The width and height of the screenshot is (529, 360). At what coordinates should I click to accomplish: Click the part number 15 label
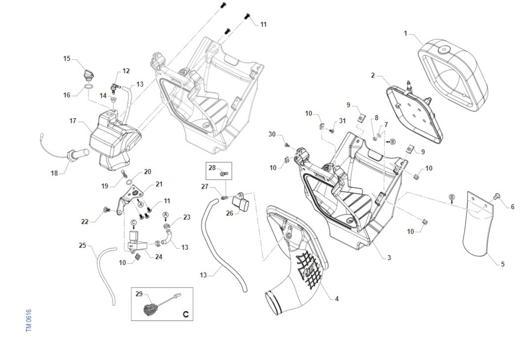(67, 58)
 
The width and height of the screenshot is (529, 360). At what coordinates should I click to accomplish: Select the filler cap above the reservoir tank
(89, 75)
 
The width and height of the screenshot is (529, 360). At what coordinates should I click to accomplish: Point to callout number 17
(73, 121)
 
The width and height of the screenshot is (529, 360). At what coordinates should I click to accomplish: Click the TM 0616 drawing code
(29, 321)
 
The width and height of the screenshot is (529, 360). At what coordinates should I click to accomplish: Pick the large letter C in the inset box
(186, 314)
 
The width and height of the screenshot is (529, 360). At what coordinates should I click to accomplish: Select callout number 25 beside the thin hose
(82, 245)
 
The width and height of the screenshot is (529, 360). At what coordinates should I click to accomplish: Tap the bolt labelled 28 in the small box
(224, 174)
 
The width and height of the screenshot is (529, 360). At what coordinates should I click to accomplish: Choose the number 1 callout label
(406, 34)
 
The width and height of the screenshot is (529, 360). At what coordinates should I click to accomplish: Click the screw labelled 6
(497, 196)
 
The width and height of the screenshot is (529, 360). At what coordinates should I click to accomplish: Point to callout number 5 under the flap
(503, 264)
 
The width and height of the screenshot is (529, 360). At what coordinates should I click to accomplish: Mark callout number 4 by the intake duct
(337, 299)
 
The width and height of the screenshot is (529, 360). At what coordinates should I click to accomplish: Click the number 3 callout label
(389, 257)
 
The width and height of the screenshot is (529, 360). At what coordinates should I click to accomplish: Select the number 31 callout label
(342, 121)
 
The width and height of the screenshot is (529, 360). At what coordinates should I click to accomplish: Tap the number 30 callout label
(272, 134)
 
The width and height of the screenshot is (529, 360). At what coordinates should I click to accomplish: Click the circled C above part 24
(134, 223)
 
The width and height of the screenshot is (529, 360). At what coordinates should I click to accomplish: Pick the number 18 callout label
(54, 173)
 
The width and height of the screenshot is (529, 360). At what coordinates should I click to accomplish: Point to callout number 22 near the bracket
(85, 222)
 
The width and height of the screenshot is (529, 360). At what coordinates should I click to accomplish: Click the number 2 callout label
(373, 75)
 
